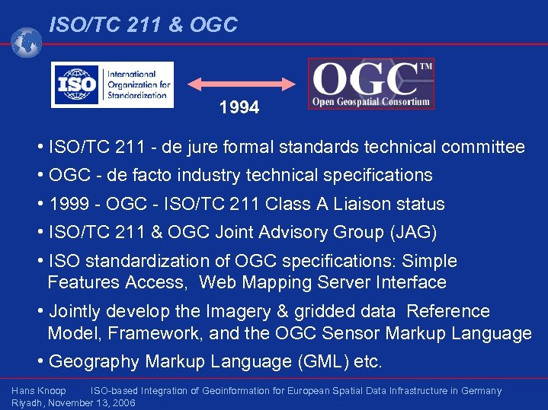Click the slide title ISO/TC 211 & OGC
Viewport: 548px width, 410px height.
(143, 25)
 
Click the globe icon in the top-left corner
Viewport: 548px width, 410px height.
(27, 43)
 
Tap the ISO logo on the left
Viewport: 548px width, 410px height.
(112, 84)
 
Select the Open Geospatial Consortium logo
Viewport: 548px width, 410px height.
(371, 84)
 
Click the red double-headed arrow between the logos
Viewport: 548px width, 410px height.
(242, 83)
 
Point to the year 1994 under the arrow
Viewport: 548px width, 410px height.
(239, 108)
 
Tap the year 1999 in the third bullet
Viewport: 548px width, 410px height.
(67, 204)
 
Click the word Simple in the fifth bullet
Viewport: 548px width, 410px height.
(430, 261)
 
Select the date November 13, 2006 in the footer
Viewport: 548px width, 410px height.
(96, 402)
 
